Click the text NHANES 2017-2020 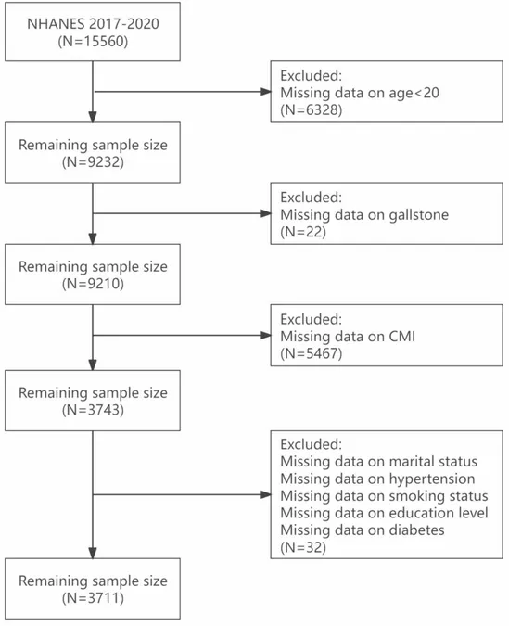pyautogui.click(x=93, y=24)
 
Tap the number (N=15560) pyautogui.click(x=93, y=42)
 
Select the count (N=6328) pyautogui.click(x=311, y=109)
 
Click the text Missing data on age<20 pyautogui.click(x=360, y=93)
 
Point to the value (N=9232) pyautogui.click(x=93, y=162)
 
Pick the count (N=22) pyautogui.click(x=303, y=232)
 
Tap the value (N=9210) pyautogui.click(x=93, y=284)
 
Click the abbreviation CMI pyautogui.click(x=402, y=336)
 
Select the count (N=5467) pyautogui.click(x=311, y=353)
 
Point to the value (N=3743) pyautogui.click(x=93, y=410)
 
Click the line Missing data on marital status pyautogui.click(x=378, y=462)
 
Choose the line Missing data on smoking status pyautogui.click(x=384, y=496)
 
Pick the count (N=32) pyautogui.click(x=303, y=547)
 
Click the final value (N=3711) pyautogui.click(x=93, y=598)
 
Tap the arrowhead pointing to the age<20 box pyautogui.click(x=265, y=92)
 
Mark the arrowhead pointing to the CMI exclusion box pyautogui.click(x=265, y=336)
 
